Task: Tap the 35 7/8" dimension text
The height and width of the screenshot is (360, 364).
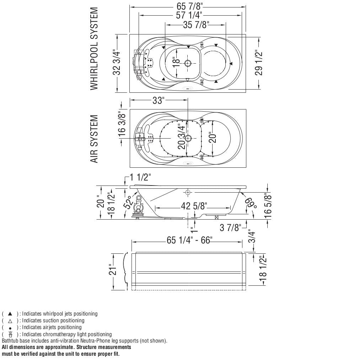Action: click(196, 25)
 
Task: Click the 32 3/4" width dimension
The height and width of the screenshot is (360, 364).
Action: click(117, 63)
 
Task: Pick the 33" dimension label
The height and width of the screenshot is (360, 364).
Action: click(158, 101)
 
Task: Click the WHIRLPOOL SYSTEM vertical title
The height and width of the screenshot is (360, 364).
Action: click(94, 49)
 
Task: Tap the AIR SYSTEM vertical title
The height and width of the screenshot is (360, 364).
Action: click(94, 139)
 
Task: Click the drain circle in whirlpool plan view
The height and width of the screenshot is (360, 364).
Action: click(188, 63)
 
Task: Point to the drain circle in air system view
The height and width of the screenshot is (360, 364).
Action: click(188, 138)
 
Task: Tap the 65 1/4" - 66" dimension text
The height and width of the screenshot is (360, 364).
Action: click(189, 241)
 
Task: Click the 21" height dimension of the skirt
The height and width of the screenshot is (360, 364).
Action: click(113, 270)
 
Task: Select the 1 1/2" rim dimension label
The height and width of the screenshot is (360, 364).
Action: click(140, 177)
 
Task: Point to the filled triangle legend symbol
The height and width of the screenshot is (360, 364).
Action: click(10, 314)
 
